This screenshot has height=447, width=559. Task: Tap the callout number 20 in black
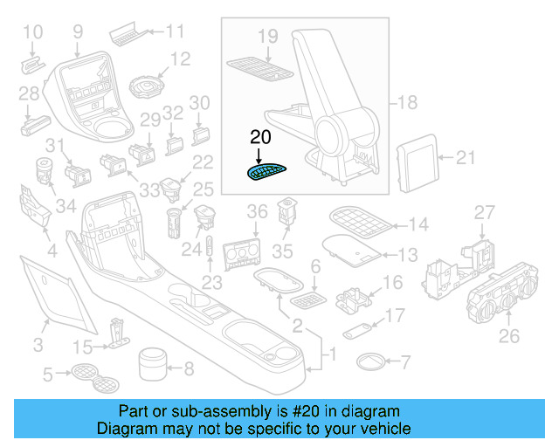[x=261, y=137]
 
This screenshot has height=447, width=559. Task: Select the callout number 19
[x=267, y=36]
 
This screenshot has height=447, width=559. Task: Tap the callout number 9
[x=78, y=32]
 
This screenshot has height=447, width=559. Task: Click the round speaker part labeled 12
[x=146, y=87]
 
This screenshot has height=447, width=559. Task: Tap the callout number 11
[x=176, y=32]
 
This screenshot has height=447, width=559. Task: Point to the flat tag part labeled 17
[x=356, y=331]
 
